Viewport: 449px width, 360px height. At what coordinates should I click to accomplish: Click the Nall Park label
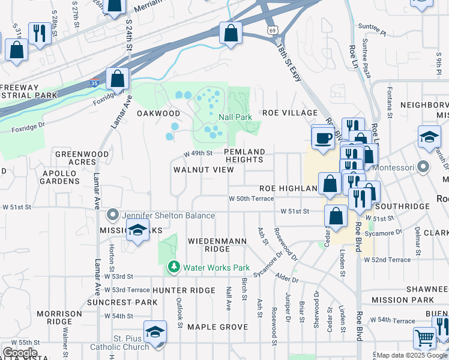(235, 118)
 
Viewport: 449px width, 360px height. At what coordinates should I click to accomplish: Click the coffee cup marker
(323, 138)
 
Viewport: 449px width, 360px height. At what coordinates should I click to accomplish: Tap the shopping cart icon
(424, 339)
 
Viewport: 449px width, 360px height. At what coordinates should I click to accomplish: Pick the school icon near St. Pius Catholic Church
(155, 332)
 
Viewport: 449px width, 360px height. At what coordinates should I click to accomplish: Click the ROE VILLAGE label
(289, 113)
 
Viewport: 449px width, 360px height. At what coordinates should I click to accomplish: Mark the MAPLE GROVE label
(217, 327)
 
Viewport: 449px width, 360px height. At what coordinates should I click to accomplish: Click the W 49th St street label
(197, 153)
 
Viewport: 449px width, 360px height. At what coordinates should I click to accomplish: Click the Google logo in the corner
(20, 353)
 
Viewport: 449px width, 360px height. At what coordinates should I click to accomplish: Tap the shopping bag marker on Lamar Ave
(118, 79)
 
